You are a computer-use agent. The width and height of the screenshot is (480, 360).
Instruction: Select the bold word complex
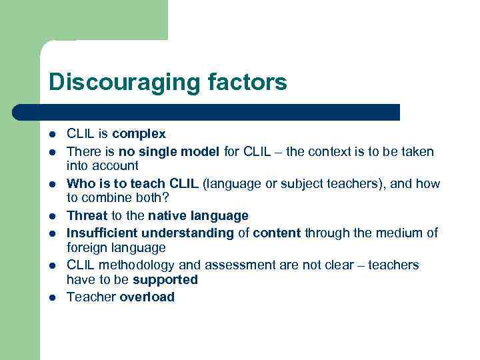pyautogui.click(x=139, y=134)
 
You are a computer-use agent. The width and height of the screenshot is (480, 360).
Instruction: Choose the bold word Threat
pyautogui.click(x=87, y=215)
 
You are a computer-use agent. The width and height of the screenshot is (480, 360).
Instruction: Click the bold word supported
pyautogui.click(x=165, y=279)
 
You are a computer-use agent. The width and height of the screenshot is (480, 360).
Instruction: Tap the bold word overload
pyautogui.click(x=147, y=297)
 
